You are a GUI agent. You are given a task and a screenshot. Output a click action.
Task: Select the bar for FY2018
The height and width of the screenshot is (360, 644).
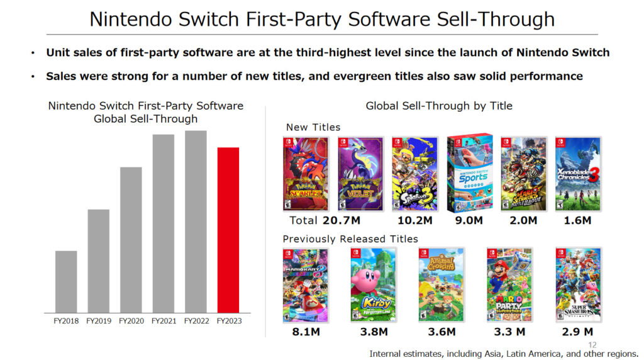(x=66, y=281)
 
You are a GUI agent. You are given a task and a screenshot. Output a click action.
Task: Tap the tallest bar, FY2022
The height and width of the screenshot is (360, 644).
(x=196, y=222)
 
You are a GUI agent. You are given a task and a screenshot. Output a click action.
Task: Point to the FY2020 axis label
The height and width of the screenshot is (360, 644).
(x=131, y=321)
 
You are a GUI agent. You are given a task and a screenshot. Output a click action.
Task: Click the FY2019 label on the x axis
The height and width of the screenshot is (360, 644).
(x=99, y=321)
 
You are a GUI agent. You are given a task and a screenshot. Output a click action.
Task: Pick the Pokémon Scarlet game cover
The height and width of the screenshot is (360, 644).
(x=306, y=174)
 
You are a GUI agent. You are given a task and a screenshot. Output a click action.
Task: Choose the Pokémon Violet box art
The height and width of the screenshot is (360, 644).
(x=360, y=174)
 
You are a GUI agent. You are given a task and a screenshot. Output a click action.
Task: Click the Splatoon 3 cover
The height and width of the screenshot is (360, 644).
(x=414, y=174)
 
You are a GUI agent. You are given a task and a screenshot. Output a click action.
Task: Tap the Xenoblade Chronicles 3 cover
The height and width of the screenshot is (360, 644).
(x=578, y=174)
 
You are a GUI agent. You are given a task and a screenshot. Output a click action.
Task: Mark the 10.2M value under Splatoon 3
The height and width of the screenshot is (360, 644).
(x=414, y=221)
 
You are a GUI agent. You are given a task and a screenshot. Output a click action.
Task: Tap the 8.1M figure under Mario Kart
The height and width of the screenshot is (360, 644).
(x=306, y=332)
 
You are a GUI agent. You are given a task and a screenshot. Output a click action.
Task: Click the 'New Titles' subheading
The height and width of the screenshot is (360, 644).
(x=313, y=127)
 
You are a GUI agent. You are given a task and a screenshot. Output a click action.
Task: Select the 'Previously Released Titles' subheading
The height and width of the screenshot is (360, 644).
(x=350, y=239)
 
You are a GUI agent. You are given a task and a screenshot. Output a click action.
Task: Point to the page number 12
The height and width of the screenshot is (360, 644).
(x=592, y=344)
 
